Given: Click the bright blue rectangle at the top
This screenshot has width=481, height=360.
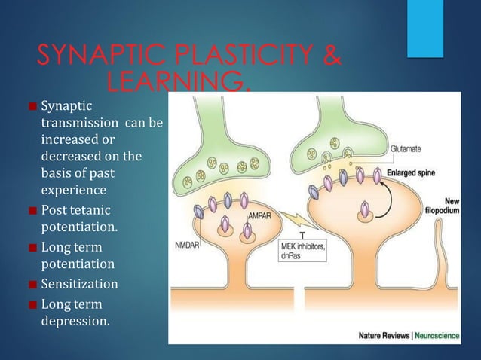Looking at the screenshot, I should click(424, 28).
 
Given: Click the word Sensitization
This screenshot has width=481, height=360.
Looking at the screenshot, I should click(79, 285).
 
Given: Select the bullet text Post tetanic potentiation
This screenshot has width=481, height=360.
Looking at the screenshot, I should click(79, 217).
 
